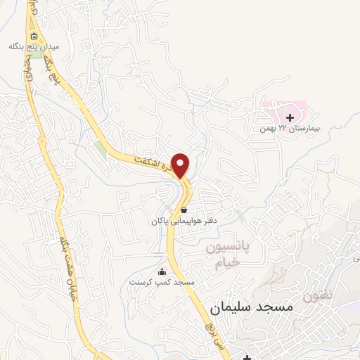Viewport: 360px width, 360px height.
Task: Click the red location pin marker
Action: point(181,165)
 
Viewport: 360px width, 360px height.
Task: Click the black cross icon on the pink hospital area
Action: point(290,116)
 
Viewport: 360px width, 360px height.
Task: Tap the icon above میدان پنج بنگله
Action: point(32,36)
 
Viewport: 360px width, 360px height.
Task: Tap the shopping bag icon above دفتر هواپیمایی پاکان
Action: point(184,210)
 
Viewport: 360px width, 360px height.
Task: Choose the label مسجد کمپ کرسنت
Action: point(162,282)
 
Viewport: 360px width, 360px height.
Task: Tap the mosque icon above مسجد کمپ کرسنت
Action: point(162,272)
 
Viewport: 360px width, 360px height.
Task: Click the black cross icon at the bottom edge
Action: point(247,356)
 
